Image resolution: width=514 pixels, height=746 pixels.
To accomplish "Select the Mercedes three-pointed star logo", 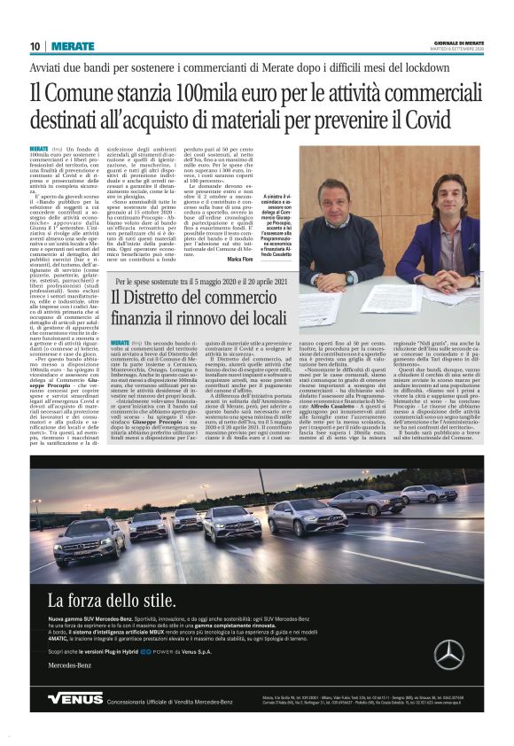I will [448, 654].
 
